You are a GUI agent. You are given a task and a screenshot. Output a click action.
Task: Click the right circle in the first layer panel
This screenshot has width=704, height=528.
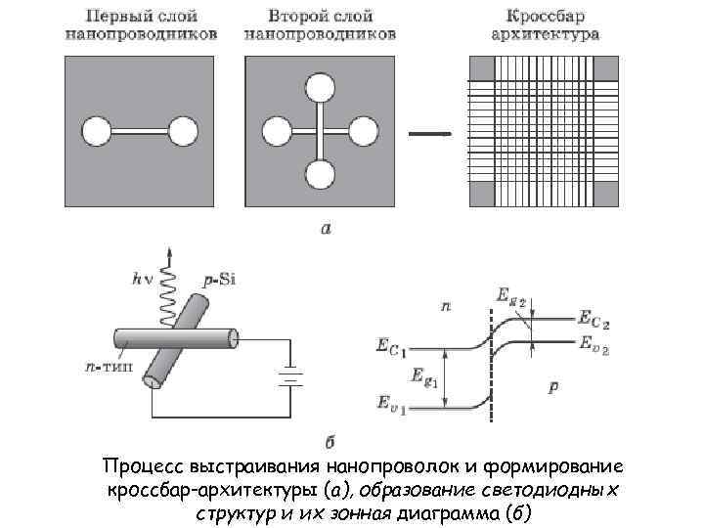coord(182,131)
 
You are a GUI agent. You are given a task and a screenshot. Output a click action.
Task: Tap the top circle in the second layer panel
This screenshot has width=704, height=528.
coord(319,88)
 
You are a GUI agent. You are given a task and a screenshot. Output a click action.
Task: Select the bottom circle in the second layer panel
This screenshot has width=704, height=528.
coord(319,175)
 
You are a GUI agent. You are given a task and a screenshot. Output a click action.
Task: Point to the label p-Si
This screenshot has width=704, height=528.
coord(220,281)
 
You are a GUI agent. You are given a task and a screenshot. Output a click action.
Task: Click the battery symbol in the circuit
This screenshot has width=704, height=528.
coord(287,376)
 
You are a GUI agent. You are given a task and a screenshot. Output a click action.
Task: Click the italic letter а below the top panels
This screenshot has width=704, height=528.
coord(326,230)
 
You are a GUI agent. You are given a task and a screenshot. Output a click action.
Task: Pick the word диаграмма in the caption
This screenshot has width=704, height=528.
coord(449,513)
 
